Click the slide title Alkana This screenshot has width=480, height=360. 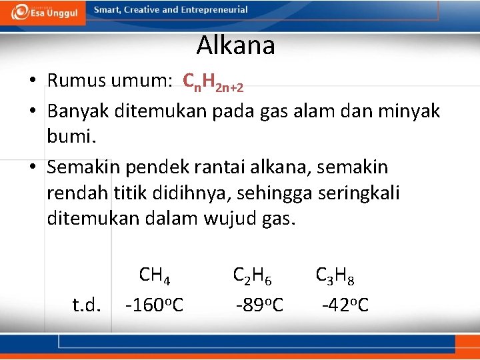[235, 46]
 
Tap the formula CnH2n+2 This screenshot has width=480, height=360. [213, 82]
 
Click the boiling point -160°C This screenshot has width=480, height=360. [154, 305]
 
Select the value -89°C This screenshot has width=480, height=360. [259, 305]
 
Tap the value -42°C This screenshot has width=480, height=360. [345, 305]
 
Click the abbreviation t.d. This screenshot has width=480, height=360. [87, 305]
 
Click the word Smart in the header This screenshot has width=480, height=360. [107, 10]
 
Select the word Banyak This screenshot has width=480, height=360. [78, 111]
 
